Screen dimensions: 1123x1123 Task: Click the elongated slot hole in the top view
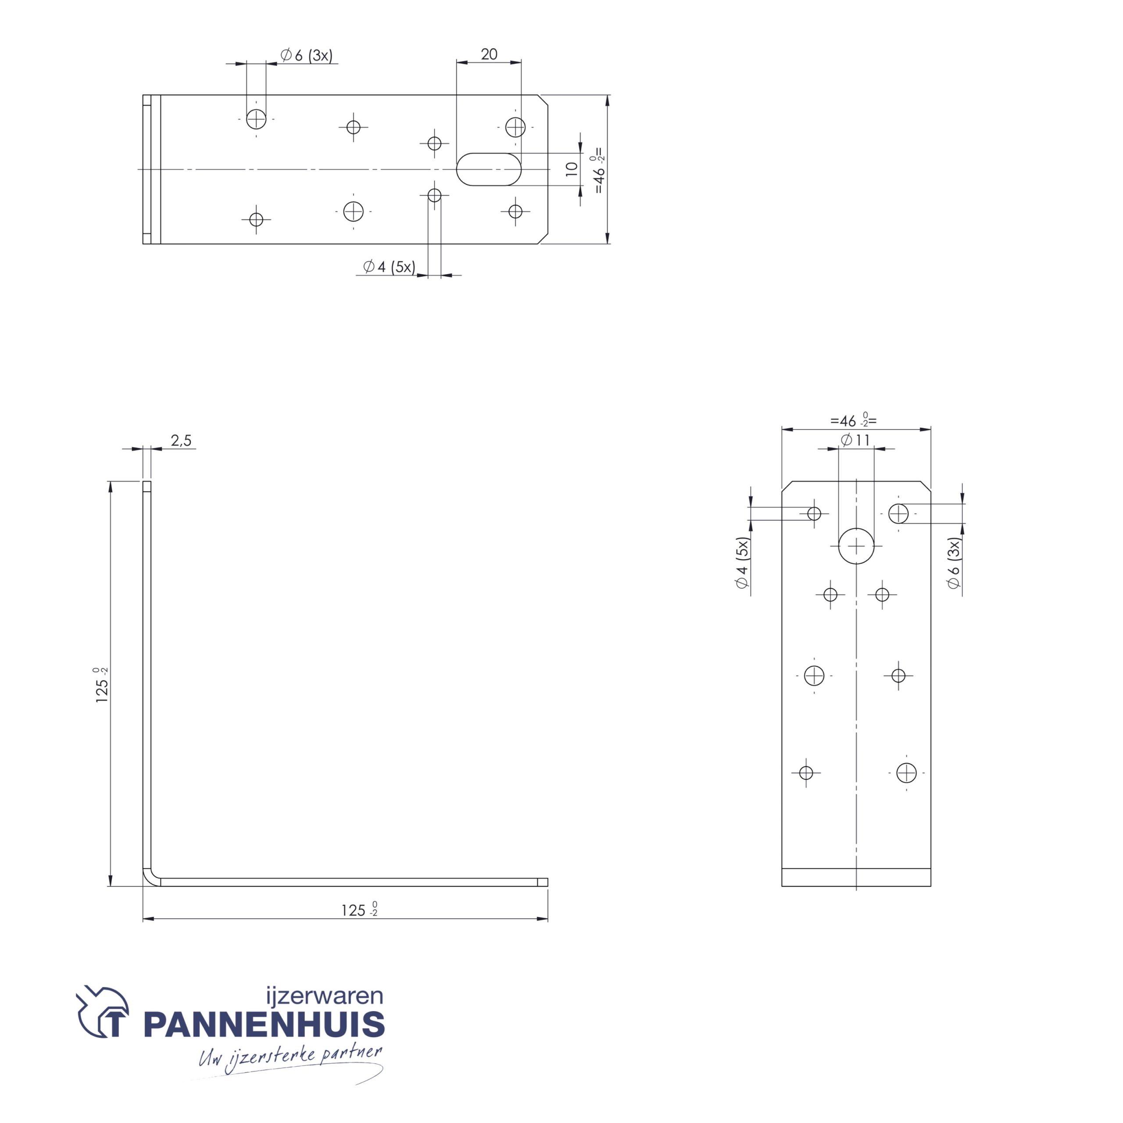pyautogui.click(x=488, y=169)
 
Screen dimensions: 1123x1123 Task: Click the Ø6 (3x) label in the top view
pyautogui.click(x=306, y=55)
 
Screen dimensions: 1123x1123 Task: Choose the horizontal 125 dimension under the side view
pyautogui.click(x=358, y=910)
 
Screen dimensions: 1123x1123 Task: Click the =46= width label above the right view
pyautogui.click(x=853, y=420)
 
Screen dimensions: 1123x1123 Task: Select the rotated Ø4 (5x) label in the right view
pyautogui.click(x=742, y=563)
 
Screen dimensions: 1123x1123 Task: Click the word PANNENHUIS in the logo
pyautogui.click(x=264, y=1025)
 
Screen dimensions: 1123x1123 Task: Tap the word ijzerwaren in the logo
pyautogui.click(x=324, y=996)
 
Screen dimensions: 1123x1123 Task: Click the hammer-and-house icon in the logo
pyautogui.click(x=103, y=1012)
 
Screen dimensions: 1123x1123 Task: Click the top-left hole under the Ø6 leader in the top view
pyautogui.click(x=256, y=119)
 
